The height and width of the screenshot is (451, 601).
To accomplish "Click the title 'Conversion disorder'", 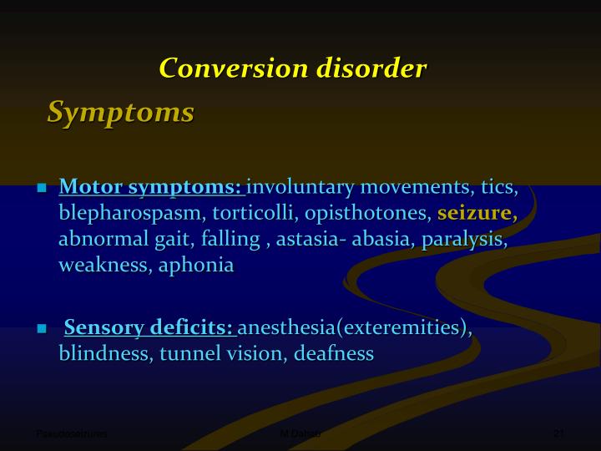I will click(x=293, y=68).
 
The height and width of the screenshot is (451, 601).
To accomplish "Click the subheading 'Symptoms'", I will click(x=120, y=112).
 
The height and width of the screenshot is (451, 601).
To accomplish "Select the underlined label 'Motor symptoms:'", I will click(x=150, y=186).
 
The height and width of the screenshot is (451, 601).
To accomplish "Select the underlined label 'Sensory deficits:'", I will click(x=149, y=327).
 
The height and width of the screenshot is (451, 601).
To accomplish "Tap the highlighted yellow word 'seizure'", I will click(x=474, y=213).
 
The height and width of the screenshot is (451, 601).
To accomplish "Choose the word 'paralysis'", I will click(x=462, y=240).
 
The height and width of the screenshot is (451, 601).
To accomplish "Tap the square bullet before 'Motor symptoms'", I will click(x=41, y=188).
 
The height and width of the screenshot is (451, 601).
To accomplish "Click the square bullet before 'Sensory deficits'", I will click(x=41, y=329).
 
